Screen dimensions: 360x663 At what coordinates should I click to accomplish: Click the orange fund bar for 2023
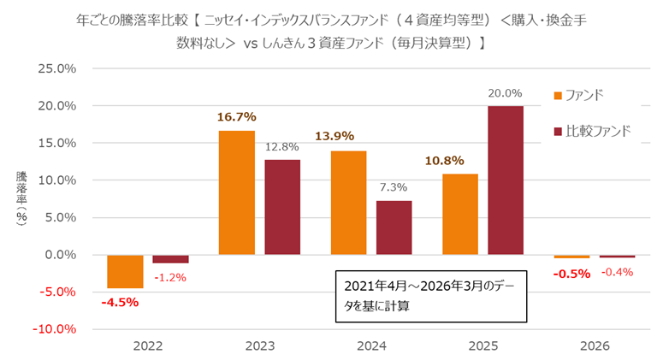(x=237, y=192)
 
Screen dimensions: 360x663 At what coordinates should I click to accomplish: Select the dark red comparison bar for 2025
(x=506, y=180)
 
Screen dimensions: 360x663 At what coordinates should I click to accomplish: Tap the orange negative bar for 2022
(x=125, y=271)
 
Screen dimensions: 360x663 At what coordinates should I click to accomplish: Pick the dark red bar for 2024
(x=394, y=227)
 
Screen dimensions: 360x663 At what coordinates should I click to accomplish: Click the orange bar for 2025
(x=460, y=214)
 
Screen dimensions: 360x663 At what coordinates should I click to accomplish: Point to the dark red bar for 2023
(x=282, y=207)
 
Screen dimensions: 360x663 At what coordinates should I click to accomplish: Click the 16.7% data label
(x=237, y=117)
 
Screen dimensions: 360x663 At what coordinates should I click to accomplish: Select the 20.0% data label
(x=506, y=93)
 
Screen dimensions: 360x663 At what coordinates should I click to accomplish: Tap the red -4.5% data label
(x=120, y=302)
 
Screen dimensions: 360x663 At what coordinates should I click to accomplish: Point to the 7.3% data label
(x=394, y=187)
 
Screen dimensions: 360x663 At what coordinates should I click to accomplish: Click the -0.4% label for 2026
(x=617, y=272)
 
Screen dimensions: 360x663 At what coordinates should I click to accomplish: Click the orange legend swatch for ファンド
(x=559, y=95)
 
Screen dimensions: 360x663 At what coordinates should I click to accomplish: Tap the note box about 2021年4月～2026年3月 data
(x=429, y=296)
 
